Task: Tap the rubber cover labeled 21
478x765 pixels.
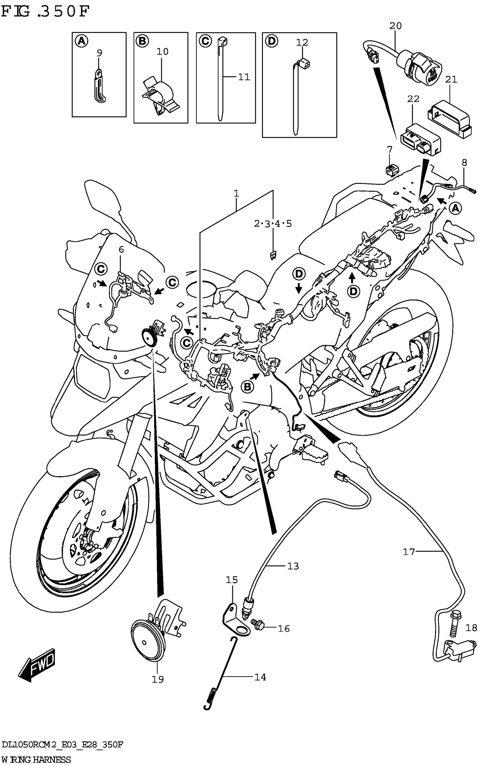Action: [x=450, y=118]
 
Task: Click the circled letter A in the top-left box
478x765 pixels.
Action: [x=82, y=41]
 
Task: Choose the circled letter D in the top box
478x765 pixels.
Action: [x=271, y=41]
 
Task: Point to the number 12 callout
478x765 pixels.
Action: [x=302, y=42]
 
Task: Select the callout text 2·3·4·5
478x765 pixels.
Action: [x=272, y=224]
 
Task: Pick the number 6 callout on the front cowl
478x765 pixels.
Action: [x=121, y=250]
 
